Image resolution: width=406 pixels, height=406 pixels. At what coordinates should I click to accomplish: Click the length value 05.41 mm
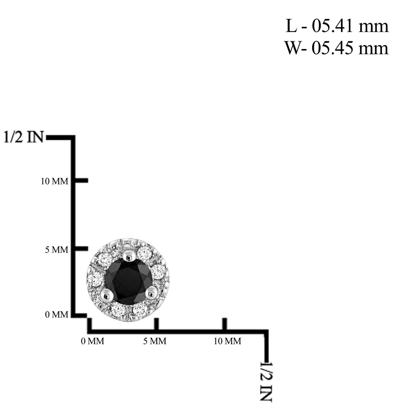click(x=350, y=26)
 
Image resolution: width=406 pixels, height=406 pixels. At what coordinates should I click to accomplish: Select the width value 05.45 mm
click(x=350, y=48)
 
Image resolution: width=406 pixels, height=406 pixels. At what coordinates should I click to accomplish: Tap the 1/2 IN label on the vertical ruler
click(x=24, y=137)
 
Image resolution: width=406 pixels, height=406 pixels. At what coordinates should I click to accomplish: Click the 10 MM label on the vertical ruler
click(x=54, y=181)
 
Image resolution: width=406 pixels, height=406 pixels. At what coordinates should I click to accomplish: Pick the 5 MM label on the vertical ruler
click(x=57, y=250)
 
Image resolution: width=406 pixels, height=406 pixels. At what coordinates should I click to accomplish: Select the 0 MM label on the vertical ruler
click(x=57, y=315)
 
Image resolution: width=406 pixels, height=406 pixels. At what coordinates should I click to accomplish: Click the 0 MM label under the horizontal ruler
click(x=92, y=341)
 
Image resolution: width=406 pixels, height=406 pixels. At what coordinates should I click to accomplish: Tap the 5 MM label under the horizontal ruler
click(x=155, y=341)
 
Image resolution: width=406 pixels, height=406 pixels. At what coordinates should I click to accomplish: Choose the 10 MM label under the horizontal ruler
click(x=228, y=341)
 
